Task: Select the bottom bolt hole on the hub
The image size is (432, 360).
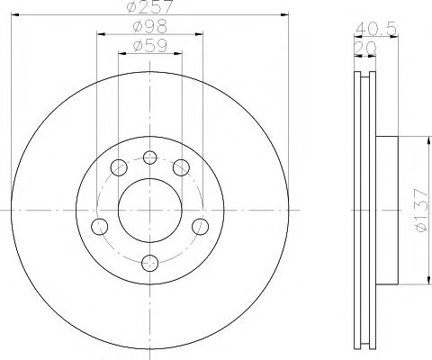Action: (150, 263)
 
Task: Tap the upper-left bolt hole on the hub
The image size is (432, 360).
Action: (119, 166)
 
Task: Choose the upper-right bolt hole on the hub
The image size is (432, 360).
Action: (182, 166)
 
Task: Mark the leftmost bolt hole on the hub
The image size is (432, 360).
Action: (99, 225)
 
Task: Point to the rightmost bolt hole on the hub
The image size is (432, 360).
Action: (202, 225)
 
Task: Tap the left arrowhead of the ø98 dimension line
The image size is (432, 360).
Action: (100, 33)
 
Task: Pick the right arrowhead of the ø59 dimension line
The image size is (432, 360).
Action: (179, 52)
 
